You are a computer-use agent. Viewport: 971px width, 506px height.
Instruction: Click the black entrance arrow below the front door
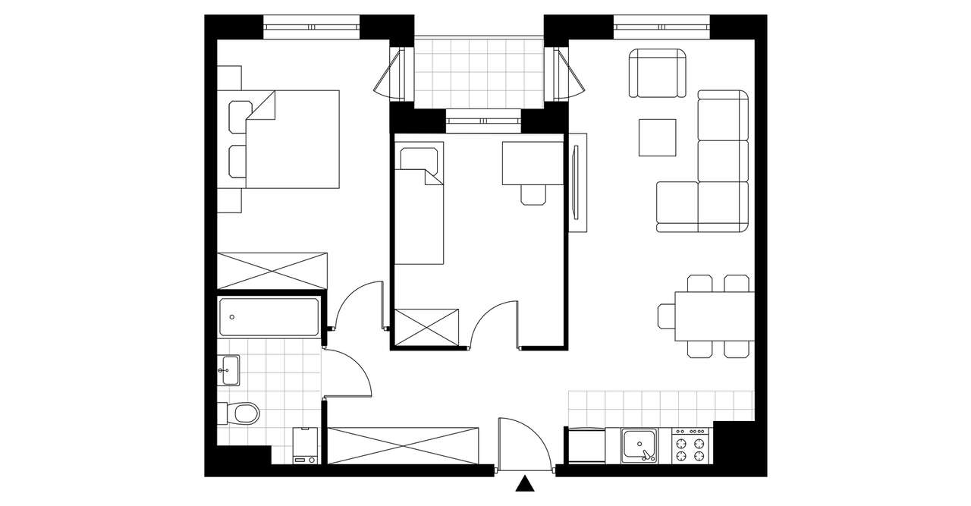[x=523, y=485]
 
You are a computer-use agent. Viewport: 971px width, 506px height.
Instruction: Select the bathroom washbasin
[x=228, y=370]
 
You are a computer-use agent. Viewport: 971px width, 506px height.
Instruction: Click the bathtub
[x=269, y=317]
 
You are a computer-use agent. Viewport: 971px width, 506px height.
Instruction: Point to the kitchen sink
[x=639, y=445]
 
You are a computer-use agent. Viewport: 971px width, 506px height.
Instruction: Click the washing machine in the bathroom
[x=306, y=445]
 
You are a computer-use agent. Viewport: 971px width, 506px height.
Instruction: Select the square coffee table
[x=658, y=137]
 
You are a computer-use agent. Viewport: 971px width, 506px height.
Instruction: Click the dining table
[x=714, y=316]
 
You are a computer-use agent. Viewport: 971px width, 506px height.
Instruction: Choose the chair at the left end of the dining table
[x=667, y=316]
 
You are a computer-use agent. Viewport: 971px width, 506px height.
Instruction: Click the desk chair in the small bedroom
[x=533, y=194]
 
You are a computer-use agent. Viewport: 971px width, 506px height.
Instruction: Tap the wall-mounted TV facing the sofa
[x=577, y=183]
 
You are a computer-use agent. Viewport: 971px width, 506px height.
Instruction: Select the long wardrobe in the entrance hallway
[x=404, y=445]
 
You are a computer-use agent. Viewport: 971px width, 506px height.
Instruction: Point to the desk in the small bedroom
[x=533, y=162]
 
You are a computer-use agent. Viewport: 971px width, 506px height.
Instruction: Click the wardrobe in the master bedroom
[x=272, y=271]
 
